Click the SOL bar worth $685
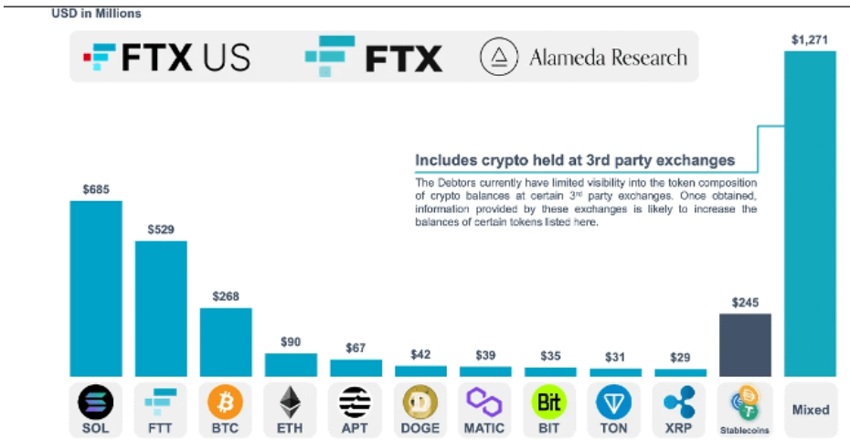click(x=95, y=288)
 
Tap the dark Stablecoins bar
click(x=745, y=345)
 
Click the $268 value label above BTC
click(x=226, y=296)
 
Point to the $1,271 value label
click(x=810, y=39)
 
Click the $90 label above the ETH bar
click(x=291, y=342)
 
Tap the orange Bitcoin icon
click(x=226, y=402)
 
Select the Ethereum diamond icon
click(x=291, y=402)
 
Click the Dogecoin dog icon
click(x=420, y=402)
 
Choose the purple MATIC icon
click(x=485, y=401)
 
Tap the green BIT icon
click(x=550, y=402)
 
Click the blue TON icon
click(x=615, y=402)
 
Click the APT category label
click(x=356, y=427)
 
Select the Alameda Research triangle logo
click(x=498, y=58)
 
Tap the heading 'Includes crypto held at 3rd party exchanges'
click(x=575, y=160)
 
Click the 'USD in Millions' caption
click(x=96, y=14)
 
